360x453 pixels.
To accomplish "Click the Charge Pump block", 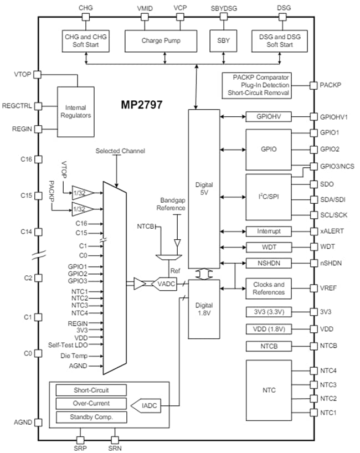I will pyautogui.click(x=161, y=40).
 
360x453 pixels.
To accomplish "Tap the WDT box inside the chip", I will pyautogui.click(x=268, y=247).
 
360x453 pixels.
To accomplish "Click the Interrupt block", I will pyautogui.click(x=268, y=231).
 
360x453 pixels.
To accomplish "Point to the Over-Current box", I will pyautogui.click(x=91, y=404).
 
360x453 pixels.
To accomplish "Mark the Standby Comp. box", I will pyautogui.click(x=91, y=417).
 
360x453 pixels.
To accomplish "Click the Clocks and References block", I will pyautogui.click(x=268, y=288).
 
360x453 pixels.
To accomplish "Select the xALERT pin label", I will pyautogui.click(x=331, y=231).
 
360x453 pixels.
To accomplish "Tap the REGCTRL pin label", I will pyautogui.click(x=17, y=105).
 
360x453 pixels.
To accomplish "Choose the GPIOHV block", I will pyautogui.click(x=268, y=117).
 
